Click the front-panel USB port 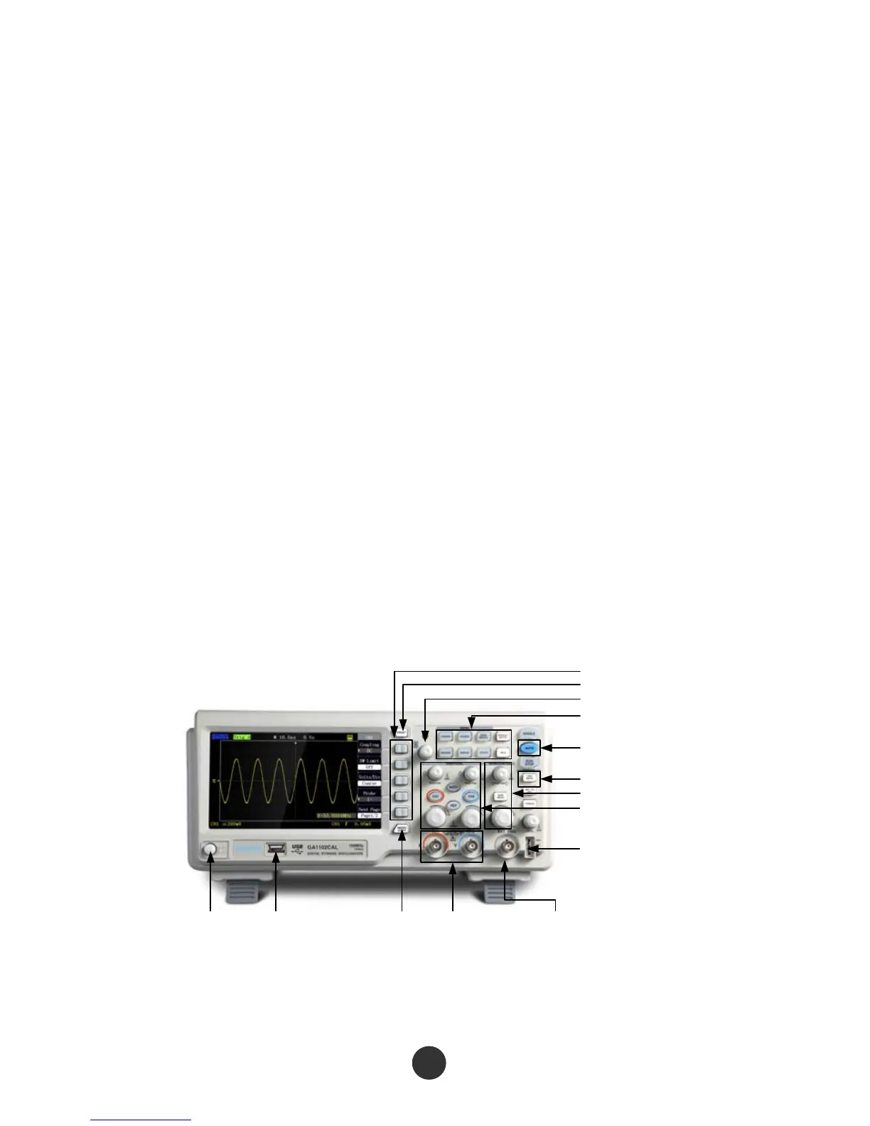[x=276, y=848]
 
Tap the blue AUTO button [x=529, y=747]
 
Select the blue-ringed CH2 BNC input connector [x=469, y=846]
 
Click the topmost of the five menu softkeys [x=402, y=749]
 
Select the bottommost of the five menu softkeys [x=402, y=811]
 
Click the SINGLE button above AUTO [x=528, y=733]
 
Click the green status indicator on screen [x=242, y=738]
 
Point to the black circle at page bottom [x=429, y=1063]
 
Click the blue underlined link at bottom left [x=141, y=1120]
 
